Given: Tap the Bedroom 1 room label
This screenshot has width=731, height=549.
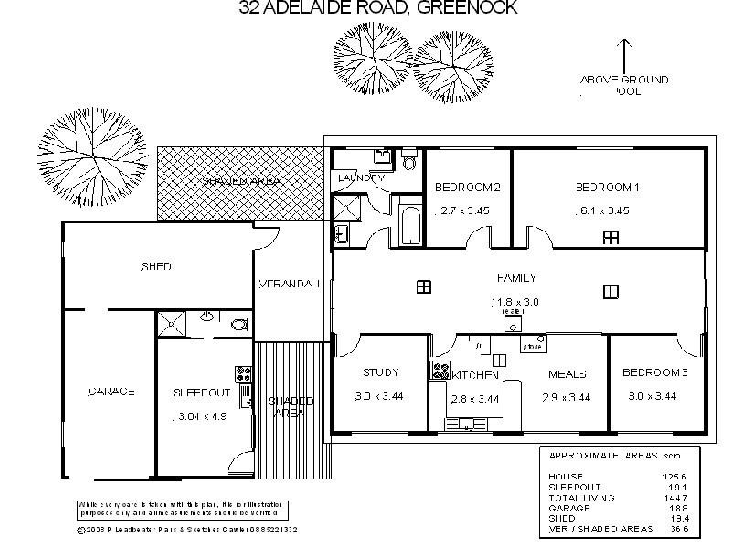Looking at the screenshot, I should (x=606, y=188).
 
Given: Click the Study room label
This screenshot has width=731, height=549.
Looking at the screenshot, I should (x=380, y=372).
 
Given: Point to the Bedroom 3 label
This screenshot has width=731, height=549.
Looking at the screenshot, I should (x=655, y=372).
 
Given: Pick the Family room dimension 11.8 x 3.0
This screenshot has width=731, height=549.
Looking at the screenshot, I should (x=515, y=301).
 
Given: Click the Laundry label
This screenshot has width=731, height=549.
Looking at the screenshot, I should (x=362, y=178).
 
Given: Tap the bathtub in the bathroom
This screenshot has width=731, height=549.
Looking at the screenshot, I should (x=408, y=224).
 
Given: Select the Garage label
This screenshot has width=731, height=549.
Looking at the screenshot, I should (x=111, y=392).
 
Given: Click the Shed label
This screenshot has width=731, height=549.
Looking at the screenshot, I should (x=156, y=267).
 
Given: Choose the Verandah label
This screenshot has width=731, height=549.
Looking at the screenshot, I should (x=290, y=284).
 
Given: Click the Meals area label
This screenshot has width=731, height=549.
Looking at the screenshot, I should (x=567, y=374).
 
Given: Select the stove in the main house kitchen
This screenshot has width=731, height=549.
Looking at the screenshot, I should (x=440, y=371).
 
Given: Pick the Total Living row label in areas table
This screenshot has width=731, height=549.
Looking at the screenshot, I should (x=580, y=497).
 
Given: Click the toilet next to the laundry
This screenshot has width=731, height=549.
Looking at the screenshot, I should (x=408, y=162).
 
